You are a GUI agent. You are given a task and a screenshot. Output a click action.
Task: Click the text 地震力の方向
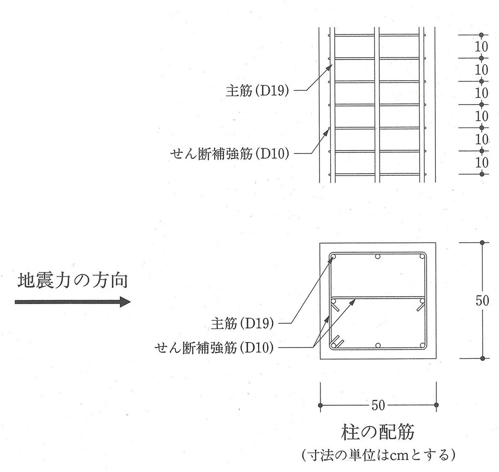[x=72, y=280]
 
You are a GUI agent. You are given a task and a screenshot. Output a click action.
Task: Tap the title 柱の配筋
[x=378, y=433]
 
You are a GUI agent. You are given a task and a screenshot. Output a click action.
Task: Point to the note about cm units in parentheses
[x=378, y=455]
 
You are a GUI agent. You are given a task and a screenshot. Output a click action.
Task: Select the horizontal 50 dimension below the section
[x=378, y=405]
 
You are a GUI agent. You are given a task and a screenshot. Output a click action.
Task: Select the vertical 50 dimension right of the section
[x=482, y=301]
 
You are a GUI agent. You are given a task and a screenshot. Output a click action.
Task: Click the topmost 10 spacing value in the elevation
[x=481, y=47]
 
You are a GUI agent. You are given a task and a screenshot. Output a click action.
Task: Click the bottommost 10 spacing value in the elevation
[x=481, y=163]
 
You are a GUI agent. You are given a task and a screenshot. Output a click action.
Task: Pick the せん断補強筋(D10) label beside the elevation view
[x=230, y=153]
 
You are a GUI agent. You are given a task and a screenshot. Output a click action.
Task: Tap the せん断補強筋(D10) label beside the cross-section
[x=215, y=346]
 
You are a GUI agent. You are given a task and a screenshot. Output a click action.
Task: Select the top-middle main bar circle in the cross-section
[x=378, y=257]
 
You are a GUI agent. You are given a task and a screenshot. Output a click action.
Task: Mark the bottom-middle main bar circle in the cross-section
[x=378, y=345]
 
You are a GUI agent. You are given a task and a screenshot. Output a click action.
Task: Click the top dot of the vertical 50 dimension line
[x=482, y=242]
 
